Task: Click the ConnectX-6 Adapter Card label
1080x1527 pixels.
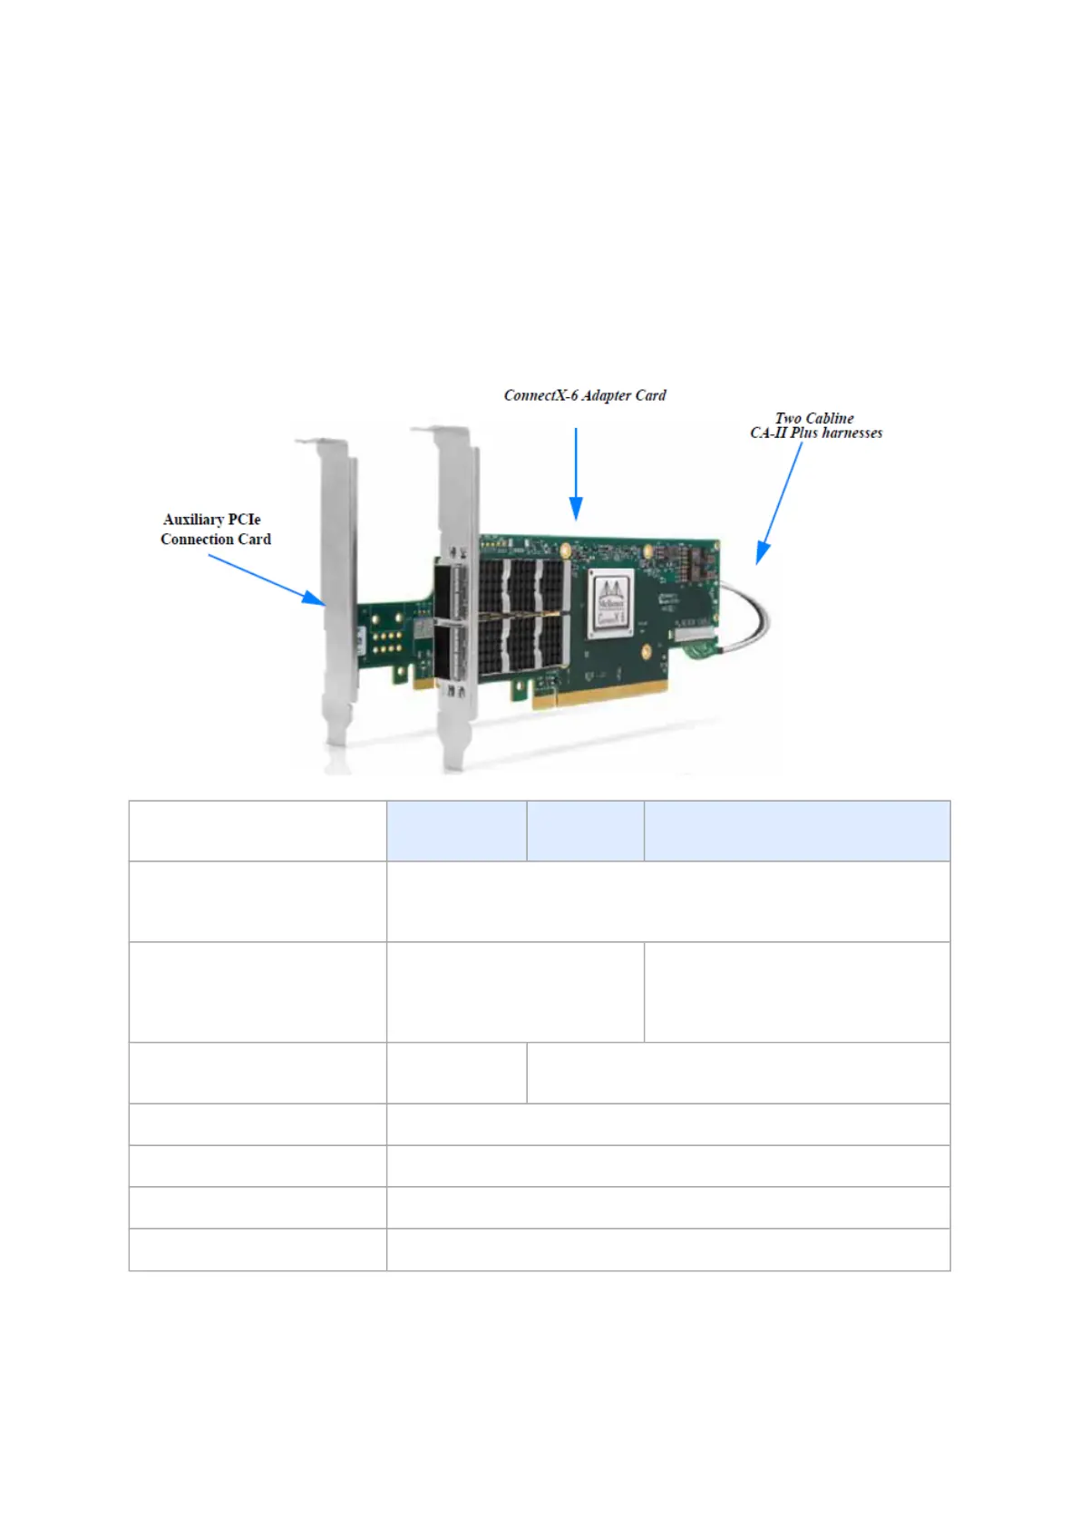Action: (585, 395)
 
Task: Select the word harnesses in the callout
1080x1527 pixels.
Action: (851, 433)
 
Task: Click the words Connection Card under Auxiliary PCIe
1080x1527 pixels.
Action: (216, 540)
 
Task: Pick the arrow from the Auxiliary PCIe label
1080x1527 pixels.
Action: (267, 579)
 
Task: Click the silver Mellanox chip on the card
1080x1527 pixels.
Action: (612, 604)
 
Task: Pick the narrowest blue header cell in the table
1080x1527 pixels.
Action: (585, 831)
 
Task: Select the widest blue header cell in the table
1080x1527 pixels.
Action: (796, 831)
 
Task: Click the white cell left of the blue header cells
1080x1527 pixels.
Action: (258, 831)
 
